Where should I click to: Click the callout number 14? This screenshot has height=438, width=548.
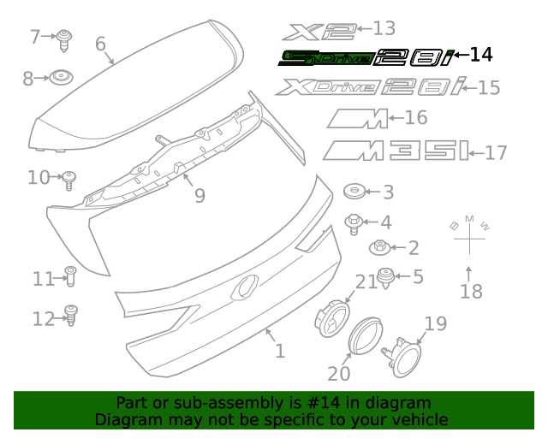click(x=481, y=55)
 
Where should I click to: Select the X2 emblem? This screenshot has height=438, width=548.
click(x=321, y=32)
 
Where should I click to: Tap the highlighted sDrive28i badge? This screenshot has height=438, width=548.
click(x=366, y=57)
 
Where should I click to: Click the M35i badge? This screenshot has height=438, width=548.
click(x=396, y=151)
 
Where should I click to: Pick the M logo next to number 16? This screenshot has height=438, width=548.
click(x=357, y=119)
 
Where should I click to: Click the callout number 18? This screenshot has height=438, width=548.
click(x=471, y=292)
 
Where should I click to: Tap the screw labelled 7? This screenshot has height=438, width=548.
click(x=65, y=38)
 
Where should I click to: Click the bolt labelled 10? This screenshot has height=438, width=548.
click(x=71, y=178)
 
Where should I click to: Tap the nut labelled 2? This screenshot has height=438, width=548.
click(x=379, y=248)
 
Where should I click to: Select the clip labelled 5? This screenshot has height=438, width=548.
click(x=386, y=277)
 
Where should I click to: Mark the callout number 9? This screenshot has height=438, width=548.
click(x=200, y=196)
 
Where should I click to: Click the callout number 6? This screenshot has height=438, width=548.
click(x=100, y=44)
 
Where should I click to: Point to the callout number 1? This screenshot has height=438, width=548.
click(x=279, y=351)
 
